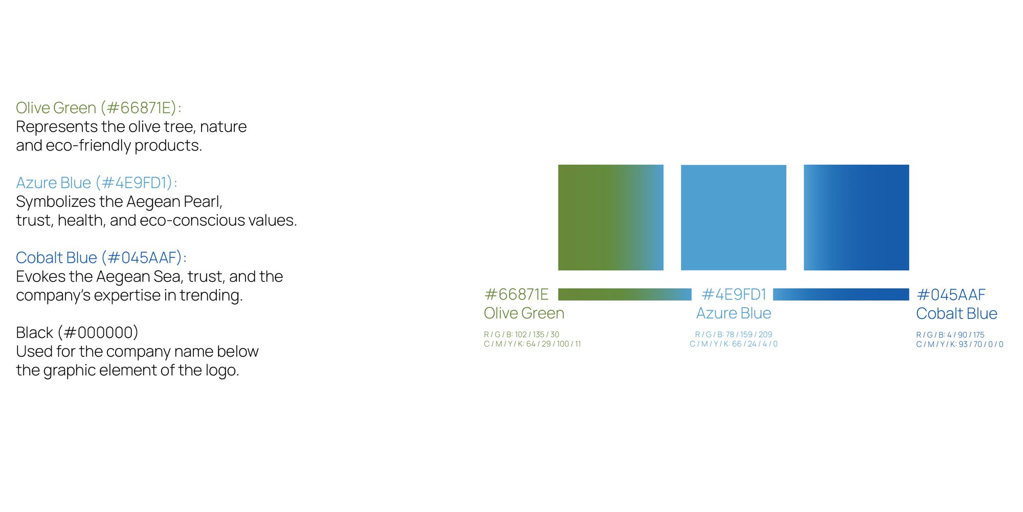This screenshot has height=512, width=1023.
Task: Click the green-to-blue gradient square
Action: pos(611,218)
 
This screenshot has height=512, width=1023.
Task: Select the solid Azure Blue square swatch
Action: pos(733,218)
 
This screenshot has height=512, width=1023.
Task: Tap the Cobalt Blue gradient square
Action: pos(856,218)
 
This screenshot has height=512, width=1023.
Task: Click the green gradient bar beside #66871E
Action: pos(625,294)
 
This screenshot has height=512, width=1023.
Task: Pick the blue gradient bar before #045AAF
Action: pos(841,294)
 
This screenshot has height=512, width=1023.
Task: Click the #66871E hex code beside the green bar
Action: pos(516,294)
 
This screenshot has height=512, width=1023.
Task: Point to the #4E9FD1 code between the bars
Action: pos(733,294)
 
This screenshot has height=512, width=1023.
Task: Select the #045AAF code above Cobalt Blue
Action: pos(951,295)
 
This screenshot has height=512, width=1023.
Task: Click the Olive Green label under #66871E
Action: pos(524,313)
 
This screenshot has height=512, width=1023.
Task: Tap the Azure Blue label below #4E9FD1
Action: pos(733,313)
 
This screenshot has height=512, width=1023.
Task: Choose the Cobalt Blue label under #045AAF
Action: pos(957,313)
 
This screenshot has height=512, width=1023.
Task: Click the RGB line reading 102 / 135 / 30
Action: pos(522,334)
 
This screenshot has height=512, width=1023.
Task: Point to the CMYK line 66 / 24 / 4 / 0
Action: pos(733,344)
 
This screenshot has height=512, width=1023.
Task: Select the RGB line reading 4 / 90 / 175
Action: pos(950,335)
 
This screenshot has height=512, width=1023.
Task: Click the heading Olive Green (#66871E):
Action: pos(98,108)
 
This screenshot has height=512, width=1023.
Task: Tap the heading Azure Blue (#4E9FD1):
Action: pos(96,183)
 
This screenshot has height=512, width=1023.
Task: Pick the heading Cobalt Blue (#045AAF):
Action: pos(101,258)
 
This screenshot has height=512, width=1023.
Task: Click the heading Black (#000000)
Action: pos(77,333)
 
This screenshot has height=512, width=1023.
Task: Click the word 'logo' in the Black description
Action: pos(222,370)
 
